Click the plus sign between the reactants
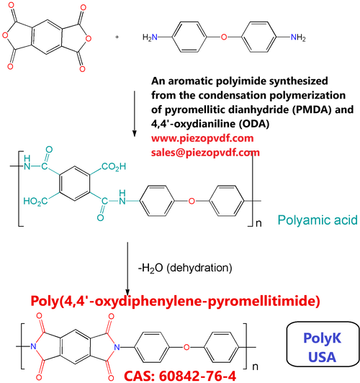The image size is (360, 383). point(117,37)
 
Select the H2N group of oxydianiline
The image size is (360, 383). point(150,37)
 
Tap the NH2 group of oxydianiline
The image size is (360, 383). point(298,37)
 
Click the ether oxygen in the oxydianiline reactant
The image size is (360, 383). point(224,37)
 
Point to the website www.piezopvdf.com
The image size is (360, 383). point(202,138)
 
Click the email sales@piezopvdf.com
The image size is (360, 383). point(205,153)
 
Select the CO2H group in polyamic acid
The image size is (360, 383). point(114,167)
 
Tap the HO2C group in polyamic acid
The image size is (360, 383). point(35,202)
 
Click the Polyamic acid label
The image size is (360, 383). point(318,220)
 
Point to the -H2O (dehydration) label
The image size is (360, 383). point(185,269)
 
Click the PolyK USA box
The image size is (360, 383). point(323,344)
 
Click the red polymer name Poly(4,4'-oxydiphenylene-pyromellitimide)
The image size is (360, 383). point(175,301)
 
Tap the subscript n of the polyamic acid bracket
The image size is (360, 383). point(258,223)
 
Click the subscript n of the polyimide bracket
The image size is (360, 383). point(255,367)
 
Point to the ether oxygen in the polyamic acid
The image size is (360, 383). point(192,201)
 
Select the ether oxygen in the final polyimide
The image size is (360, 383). point(186,347)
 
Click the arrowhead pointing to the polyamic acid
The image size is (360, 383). point(134,133)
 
